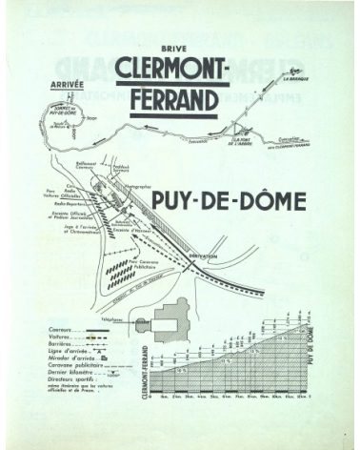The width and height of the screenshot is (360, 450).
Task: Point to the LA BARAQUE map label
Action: (300, 81)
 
